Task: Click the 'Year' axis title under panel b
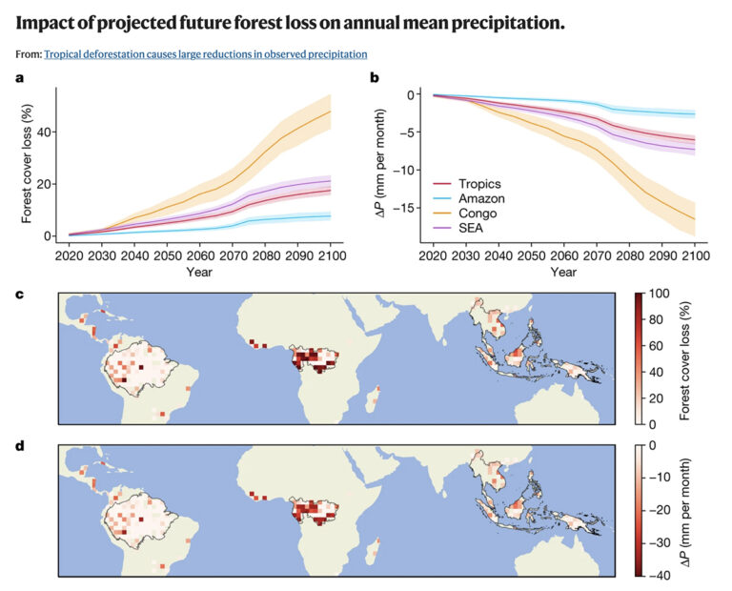563,273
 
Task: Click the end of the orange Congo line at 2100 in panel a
330,112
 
